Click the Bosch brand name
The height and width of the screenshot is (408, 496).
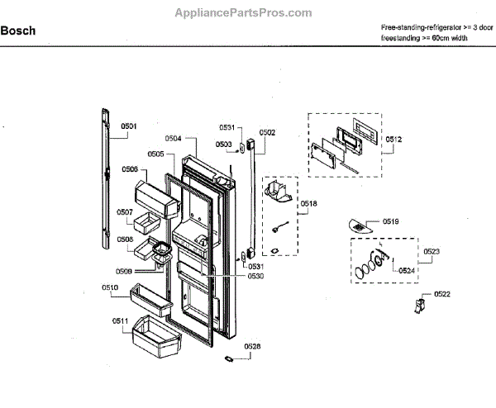[x=17, y=31]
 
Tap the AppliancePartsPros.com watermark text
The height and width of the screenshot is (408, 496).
[x=244, y=13]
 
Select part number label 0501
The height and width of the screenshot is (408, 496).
[x=129, y=126]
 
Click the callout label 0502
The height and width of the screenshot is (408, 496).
[x=267, y=132]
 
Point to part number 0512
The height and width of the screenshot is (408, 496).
[x=393, y=140]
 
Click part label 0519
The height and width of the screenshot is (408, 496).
[x=390, y=221]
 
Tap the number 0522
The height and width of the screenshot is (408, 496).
[x=442, y=295]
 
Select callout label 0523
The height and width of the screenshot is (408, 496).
[x=432, y=250]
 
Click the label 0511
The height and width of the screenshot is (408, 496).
[x=121, y=320]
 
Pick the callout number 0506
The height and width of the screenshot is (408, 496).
[x=130, y=169]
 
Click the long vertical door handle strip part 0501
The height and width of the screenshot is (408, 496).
[x=105, y=178]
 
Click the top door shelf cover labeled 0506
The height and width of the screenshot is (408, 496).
[x=157, y=197]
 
